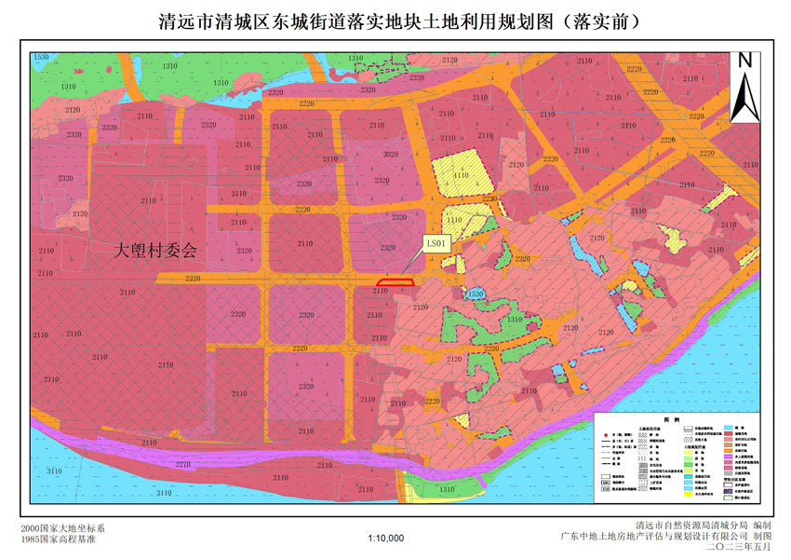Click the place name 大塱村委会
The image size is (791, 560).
[155, 251]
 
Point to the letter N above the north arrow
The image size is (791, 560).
[744, 61]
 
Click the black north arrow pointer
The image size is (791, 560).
[744, 98]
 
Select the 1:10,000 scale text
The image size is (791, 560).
[386, 538]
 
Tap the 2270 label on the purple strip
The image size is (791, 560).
[182, 463]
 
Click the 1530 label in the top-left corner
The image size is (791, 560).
[40, 58]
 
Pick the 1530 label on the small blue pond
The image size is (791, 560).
[476, 294]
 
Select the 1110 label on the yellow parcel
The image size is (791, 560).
[454, 220]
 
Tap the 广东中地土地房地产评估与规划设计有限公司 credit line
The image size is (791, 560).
[666, 537]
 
